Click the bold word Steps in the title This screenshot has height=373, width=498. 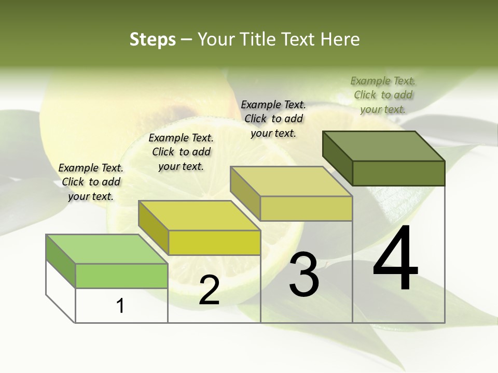coord(153,39)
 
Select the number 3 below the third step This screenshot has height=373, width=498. coord(304,274)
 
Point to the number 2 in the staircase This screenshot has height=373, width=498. coord(210,290)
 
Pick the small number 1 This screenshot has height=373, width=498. coord(120,306)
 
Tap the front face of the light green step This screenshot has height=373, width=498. coord(121,276)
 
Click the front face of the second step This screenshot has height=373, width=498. coord(214,242)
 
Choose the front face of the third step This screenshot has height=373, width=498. coord(306,208)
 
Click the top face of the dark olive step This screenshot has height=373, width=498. coord(384,146)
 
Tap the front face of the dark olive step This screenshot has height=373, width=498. coord(398,173)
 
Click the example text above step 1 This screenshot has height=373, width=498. coord(91,182)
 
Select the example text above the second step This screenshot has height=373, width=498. coord(181,152)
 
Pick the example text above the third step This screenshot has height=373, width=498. coord(273,119)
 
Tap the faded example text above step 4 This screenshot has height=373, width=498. coord(383,95)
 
